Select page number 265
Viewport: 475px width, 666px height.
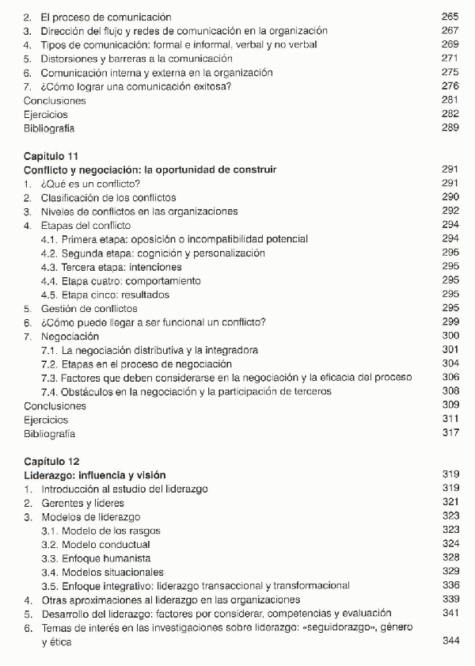point(450,17)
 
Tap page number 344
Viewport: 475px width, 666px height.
point(450,641)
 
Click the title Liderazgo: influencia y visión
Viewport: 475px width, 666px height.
point(95,475)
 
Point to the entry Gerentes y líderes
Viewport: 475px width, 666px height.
point(86,503)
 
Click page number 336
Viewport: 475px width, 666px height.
point(450,586)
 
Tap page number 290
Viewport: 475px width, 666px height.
point(450,197)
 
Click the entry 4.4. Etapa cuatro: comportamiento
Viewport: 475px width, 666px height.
point(120,280)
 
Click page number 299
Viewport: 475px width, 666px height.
point(450,322)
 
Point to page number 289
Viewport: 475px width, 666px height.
point(450,128)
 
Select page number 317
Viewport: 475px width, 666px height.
point(450,433)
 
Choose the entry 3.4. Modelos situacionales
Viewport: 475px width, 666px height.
point(102,572)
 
